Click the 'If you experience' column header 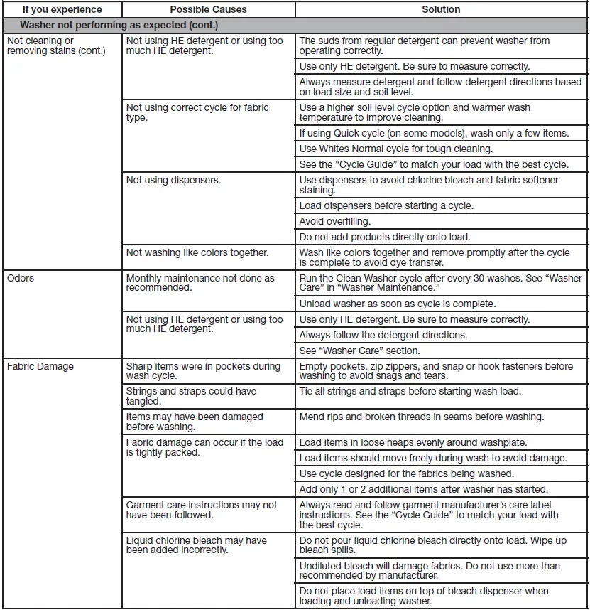pos(62,10)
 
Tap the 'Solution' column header pos(441,10)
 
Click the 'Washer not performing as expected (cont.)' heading pos(118,25)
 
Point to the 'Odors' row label pos(21,278)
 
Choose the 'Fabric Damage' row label pos(40,366)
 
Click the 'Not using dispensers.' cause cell pos(173,180)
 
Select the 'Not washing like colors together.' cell pos(197,252)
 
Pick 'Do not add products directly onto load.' pos(385,237)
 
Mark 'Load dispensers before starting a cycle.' pos(386,205)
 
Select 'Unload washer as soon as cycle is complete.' pos(398,304)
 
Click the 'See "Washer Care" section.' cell pos(359,351)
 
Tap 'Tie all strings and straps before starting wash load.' pos(410,391)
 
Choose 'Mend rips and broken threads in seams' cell pos(422,417)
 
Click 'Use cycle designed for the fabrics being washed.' pos(407,473)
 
